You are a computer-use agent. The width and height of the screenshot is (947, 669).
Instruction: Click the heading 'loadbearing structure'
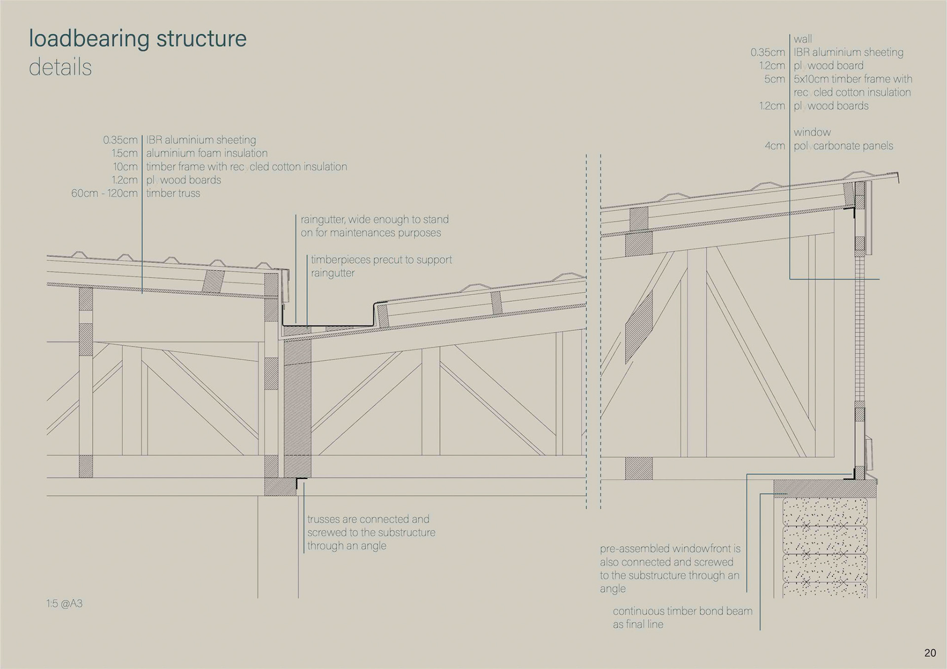click(x=138, y=38)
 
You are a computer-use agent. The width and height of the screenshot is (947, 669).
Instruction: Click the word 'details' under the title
click(x=60, y=68)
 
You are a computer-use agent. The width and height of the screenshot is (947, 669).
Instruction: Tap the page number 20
click(x=930, y=653)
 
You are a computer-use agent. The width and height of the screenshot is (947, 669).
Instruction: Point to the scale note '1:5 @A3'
click(x=65, y=603)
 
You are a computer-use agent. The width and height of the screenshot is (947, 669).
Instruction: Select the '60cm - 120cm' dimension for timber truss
click(x=104, y=193)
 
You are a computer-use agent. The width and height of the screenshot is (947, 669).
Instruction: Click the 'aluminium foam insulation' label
click(x=207, y=153)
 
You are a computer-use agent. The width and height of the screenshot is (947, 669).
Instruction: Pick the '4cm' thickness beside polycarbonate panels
click(x=774, y=146)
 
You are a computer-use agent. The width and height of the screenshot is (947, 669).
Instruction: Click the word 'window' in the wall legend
click(x=812, y=132)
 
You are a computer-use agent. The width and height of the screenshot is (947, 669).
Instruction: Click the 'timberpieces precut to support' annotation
click(x=381, y=260)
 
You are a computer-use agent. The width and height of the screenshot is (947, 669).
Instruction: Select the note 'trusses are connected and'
click(x=368, y=519)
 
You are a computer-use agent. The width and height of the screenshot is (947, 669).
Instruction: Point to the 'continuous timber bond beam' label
click(x=683, y=611)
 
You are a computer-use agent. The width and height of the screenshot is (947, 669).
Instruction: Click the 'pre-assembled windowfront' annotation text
click(x=670, y=549)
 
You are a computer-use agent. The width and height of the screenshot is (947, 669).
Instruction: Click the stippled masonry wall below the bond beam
click(x=825, y=547)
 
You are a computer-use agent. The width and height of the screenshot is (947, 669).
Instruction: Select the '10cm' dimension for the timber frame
click(x=125, y=167)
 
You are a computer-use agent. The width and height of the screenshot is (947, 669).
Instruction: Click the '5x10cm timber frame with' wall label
click(x=853, y=79)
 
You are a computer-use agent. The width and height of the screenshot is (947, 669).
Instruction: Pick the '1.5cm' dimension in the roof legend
click(x=124, y=153)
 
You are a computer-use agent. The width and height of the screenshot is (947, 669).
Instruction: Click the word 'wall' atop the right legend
click(x=802, y=39)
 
